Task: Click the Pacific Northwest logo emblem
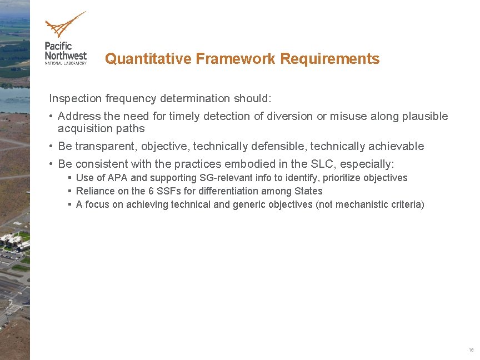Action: click(64, 25)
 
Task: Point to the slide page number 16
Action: click(471, 350)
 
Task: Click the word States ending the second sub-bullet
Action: click(309, 191)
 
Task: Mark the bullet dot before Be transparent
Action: click(51, 146)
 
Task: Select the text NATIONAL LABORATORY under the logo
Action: click(66, 63)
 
